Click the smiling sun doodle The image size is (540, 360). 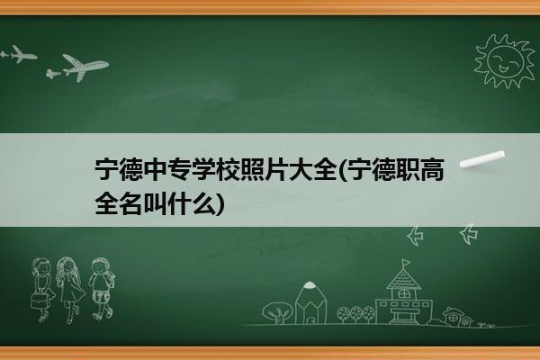click(505, 61)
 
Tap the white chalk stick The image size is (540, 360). click(482, 159)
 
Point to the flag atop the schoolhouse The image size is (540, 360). click(407, 263)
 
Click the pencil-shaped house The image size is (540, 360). click(310, 302)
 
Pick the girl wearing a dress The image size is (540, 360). click(70, 289)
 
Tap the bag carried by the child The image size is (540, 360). click(40, 301)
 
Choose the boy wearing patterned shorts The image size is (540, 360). click(101, 289)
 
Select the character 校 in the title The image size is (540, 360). click(228, 170)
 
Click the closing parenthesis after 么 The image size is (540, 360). click(220, 203)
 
